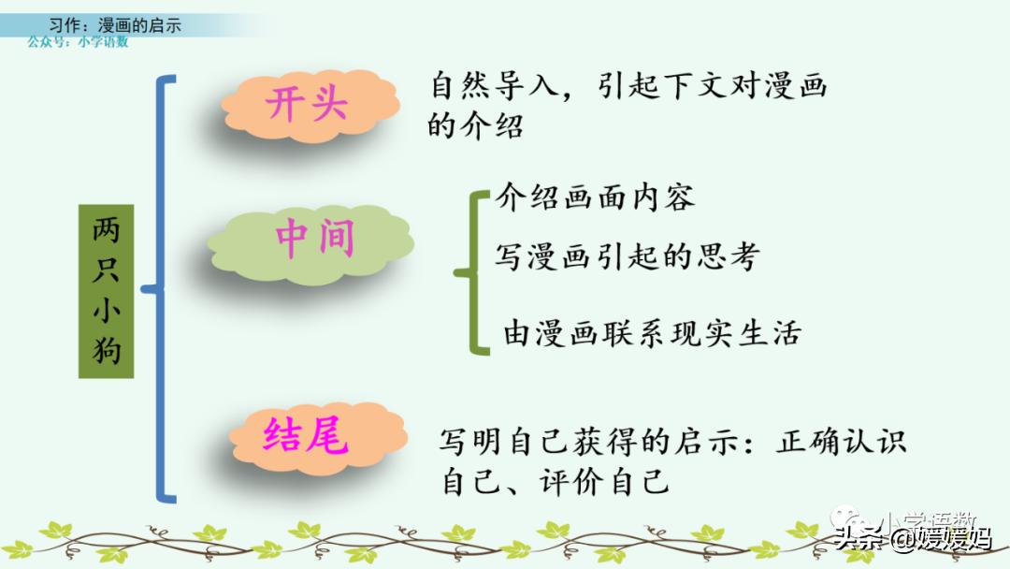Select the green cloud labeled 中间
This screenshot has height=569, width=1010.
click(x=314, y=240)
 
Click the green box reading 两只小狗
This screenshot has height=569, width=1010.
click(x=106, y=291)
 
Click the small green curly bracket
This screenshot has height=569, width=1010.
click(x=473, y=272)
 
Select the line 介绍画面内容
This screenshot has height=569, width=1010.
click(x=595, y=198)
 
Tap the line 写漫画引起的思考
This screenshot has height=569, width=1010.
click(x=627, y=256)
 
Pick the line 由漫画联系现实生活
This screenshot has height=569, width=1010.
click(x=652, y=333)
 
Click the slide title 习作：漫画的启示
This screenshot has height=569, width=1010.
click(x=115, y=25)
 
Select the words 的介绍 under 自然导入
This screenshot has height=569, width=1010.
click(x=475, y=125)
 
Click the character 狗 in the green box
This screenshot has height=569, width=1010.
click(x=106, y=352)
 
